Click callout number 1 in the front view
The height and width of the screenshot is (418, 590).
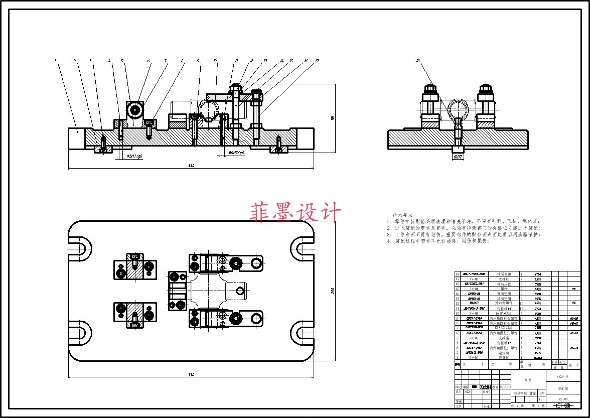tap(55, 62)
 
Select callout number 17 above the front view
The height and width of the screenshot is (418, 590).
tap(317, 61)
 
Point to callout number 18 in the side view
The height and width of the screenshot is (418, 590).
tap(417, 62)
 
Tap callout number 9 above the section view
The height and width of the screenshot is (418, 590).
tap(198, 61)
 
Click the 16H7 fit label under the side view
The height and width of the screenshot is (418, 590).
tap(457, 157)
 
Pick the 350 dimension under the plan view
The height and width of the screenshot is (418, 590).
tap(191, 375)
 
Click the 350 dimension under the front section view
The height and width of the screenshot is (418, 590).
tap(191, 166)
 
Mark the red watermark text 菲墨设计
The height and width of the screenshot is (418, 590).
tap(296, 212)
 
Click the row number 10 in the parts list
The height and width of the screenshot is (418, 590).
tap(457, 313)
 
